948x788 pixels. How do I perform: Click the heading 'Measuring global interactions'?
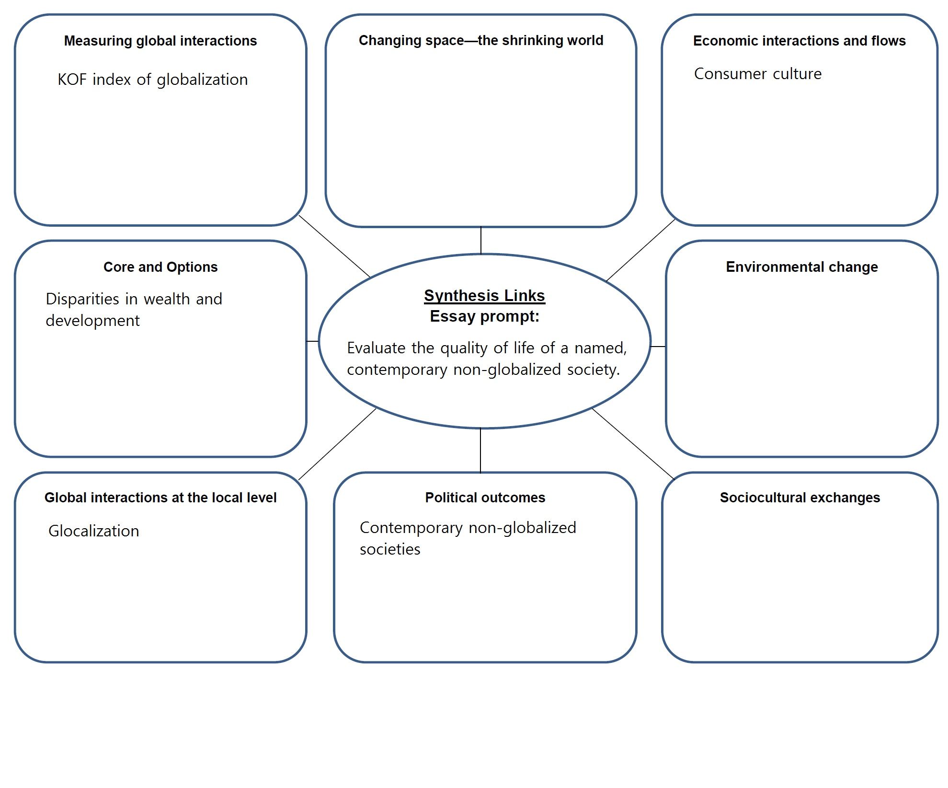[160, 41]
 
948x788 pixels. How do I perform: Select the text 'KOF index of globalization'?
[152, 80]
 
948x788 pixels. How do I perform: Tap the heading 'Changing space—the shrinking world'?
[480, 41]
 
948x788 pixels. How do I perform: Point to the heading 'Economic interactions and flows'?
[799, 41]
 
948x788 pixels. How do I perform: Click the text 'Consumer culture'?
[757, 74]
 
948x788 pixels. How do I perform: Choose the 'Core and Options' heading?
[160, 267]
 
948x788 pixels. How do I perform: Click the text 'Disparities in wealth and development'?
[134, 309]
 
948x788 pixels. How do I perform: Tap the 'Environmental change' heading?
[801, 267]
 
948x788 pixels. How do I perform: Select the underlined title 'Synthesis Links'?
[484, 296]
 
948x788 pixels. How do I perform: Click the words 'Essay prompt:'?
[484, 316]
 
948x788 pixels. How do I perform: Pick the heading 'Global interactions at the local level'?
[160, 498]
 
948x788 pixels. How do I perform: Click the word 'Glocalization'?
[94, 531]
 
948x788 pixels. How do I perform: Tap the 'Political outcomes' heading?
[485, 498]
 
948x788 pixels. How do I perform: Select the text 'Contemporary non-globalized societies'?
[468, 538]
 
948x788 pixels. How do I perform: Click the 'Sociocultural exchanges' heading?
[800, 498]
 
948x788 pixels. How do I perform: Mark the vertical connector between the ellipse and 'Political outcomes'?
[480, 450]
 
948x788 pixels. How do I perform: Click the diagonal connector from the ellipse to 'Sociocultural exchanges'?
[633, 443]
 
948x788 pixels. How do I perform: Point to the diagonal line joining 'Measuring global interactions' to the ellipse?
[334, 246]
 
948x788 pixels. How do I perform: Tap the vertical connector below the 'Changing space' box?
[480, 240]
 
